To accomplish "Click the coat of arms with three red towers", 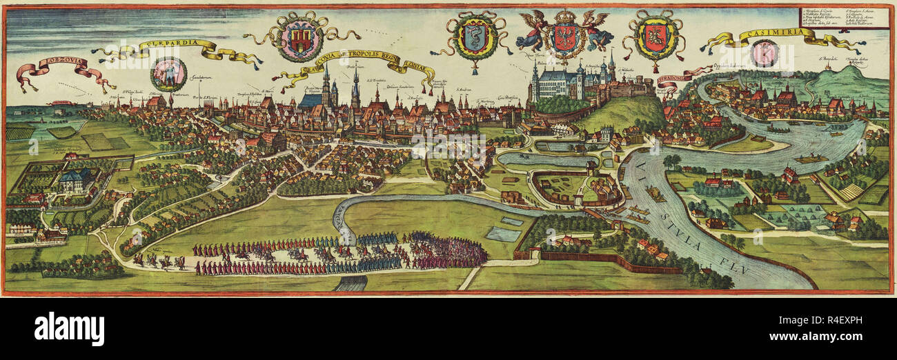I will pos(301,39).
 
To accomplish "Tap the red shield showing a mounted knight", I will pos(653,39).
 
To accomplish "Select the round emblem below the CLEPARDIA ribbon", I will pos(168,73).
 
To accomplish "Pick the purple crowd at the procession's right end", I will pos(447,252).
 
